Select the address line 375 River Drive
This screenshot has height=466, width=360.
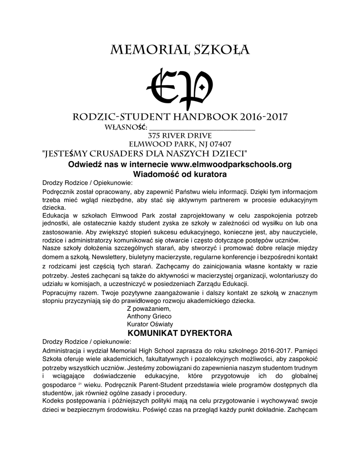(x=180, y=135)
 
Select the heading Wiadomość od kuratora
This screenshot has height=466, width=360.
(x=180, y=174)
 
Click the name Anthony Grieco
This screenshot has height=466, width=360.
(x=149, y=316)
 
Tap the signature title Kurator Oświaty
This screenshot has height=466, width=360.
(x=150, y=324)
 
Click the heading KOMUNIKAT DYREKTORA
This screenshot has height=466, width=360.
(x=180, y=333)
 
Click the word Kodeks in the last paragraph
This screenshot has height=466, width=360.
(x=52, y=401)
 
